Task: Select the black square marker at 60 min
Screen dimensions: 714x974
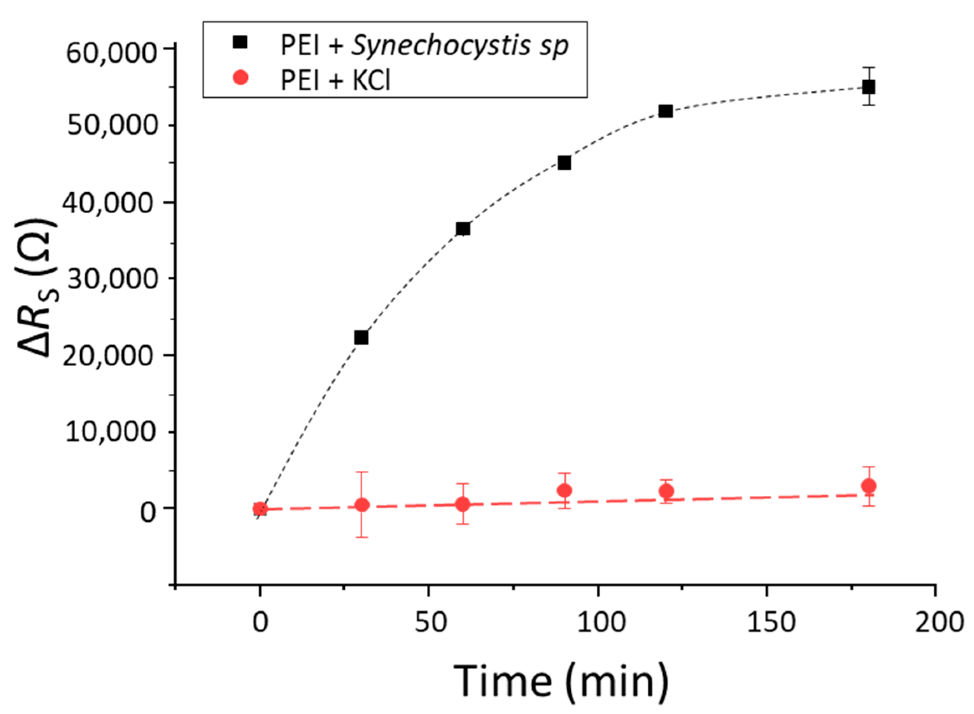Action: (x=463, y=229)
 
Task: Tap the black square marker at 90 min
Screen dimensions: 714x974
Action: (x=564, y=163)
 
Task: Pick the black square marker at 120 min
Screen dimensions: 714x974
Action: (x=665, y=111)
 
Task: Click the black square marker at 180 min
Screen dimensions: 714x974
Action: (x=869, y=87)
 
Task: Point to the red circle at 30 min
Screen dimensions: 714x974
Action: (x=361, y=505)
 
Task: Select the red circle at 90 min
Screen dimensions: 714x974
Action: (x=564, y=490)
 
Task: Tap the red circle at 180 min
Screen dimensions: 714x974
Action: (x=869, y=486)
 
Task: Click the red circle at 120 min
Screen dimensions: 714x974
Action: (x=666, y=492)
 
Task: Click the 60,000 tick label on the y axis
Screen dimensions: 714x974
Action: (x=111, y=54)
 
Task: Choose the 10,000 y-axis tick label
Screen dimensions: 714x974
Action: (x=111, y=431)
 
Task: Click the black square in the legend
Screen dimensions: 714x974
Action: (x=240, y=42)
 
